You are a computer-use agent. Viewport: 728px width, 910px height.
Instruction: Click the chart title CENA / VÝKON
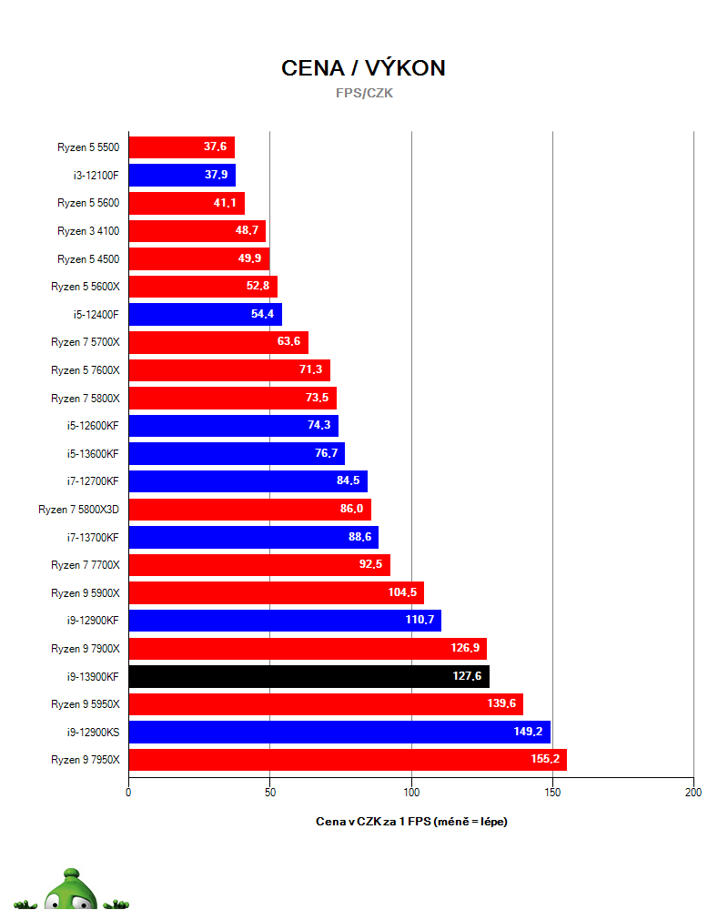tap(363, 68)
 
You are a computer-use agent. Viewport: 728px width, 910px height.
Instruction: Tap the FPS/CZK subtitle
tap(364, 93)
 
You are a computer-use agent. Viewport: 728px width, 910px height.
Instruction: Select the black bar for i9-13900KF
tap(308, 676)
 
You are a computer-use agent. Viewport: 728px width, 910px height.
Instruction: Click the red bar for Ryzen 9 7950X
tap(348, 760)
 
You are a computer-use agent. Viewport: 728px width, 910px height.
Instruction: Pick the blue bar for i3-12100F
tap(182, 175)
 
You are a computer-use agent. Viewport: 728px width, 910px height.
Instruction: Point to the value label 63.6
tap(288, 341)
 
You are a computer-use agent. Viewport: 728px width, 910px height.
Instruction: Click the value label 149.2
tap(528, 732)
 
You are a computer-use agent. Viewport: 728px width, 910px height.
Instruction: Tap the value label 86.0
tap(351, 509)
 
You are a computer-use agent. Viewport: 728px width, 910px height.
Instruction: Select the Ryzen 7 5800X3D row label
tap(78, 510)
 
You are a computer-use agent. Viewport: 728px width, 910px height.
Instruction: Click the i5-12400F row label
tap(96, 315)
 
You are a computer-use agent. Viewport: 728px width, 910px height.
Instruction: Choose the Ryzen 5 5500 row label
tap(88, 147)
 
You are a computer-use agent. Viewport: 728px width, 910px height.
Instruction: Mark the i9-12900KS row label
tap(93, 733)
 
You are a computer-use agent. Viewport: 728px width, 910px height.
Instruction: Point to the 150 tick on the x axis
tap(552, 793)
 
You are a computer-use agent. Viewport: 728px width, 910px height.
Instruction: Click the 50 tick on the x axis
tap(270, 793)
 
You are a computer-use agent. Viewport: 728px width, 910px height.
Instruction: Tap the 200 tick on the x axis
tap(693, 793)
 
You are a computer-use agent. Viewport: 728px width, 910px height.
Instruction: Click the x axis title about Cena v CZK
tap(411, 821)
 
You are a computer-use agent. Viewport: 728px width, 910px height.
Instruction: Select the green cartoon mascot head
tap(71, 890)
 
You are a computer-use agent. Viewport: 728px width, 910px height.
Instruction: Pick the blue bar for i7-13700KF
tap(254, 538)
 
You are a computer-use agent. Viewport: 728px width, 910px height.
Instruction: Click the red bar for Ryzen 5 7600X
tap(229, 370)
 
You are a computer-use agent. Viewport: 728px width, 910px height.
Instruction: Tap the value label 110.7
tap(420, 620)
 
